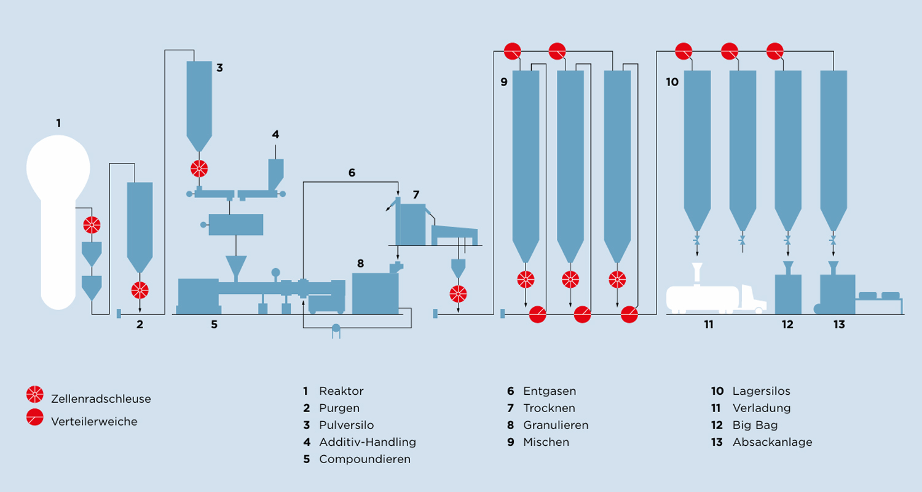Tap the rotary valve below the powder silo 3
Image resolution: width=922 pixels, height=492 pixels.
point(199,169)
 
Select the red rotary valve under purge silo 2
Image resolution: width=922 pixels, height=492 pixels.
point(140,290)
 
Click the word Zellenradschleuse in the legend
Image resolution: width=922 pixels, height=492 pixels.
point(101,399)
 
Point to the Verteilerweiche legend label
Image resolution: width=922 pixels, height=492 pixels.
point(94,422)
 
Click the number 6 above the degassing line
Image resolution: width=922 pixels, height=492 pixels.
point(352,173)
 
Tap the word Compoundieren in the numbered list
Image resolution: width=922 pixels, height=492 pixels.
point(364,459)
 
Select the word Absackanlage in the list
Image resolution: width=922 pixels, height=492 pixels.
point(772,442)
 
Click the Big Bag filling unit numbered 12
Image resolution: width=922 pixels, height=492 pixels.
point(788,288)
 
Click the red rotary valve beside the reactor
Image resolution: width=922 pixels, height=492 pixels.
point(92,225)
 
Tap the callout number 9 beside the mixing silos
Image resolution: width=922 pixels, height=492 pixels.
point(504,82)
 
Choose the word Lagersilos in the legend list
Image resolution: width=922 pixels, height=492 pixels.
point(761,391)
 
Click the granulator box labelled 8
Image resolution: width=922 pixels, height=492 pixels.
point(375,293)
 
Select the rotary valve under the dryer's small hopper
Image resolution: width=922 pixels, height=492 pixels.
point(458,294)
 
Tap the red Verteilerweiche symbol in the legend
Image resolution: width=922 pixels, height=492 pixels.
point(35,417)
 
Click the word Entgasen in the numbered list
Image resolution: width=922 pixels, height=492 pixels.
point(550,391)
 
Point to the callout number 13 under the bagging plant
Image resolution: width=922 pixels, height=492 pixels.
point(839,325)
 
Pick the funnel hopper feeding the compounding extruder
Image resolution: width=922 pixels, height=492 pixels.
point(236,266)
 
